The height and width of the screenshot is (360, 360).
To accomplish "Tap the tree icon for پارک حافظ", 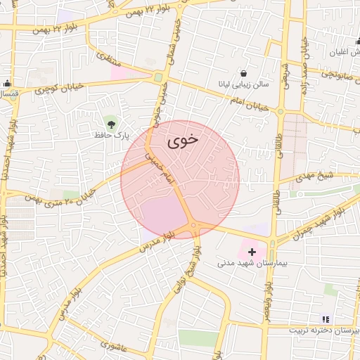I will pyautogui.click(x=109, y=122).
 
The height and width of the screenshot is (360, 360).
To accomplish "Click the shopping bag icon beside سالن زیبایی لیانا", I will pyautogui.click(x=243, y=73).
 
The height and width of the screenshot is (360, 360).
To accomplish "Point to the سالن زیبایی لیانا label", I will pyautogui.click(x=243, y=84).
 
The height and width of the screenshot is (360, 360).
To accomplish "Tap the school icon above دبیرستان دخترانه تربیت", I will pyautogui.click(x=325, y=319).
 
